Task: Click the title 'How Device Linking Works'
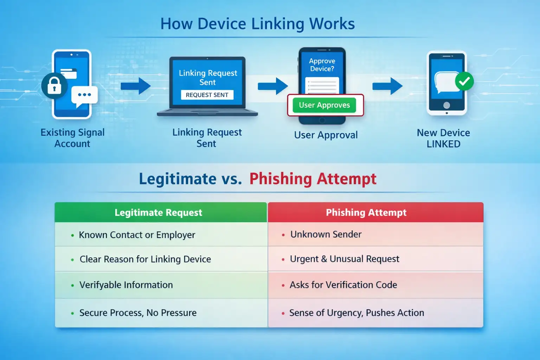click(257, 24)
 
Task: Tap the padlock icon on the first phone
click(54, 86)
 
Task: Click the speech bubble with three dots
click(84, 95)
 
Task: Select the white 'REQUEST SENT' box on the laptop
click(207, 95)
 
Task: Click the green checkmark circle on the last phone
click(464, 81)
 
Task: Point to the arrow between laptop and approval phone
click(273, 86)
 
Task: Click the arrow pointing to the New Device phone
click(387, 86)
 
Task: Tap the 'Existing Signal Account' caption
click(72, 138)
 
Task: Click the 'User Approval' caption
click(326, 135)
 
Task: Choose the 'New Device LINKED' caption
click(443, 138)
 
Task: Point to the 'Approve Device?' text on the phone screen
click(322, 65)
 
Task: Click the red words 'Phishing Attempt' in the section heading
click(313, 179)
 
